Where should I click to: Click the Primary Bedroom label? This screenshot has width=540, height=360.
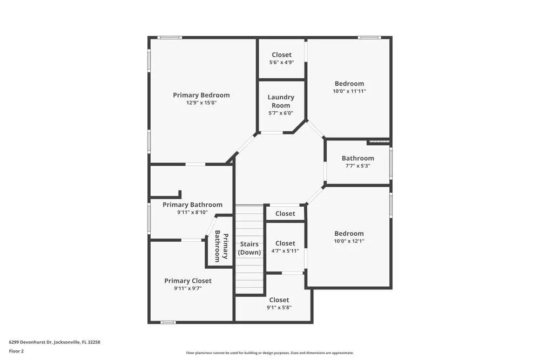click(x=201, y=95)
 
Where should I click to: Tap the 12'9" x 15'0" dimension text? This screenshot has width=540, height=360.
click(x=201, y=103)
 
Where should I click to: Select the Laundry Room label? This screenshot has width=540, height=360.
click(x=281, y=101)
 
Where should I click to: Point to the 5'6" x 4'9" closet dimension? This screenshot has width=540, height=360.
click(x=281, y=62)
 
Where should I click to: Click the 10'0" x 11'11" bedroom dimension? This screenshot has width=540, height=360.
click(x=349, y=91)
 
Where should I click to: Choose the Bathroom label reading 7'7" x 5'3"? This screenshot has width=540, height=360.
click(x=357, y=158)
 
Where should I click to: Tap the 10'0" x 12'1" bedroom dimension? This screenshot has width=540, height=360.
click(x=349, y=241)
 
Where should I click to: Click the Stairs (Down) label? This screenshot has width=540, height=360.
click(x=249, y=248)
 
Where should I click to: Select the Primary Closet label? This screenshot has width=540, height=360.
click(x=188, y=281)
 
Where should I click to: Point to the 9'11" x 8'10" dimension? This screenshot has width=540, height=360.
click(x=192, y=213)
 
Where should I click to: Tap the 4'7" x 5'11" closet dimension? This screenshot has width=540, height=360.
click(x=285, y=251)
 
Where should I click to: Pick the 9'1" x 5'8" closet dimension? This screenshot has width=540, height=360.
click(x=279, y=308)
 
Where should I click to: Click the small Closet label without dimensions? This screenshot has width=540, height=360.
click(x=285, y=214)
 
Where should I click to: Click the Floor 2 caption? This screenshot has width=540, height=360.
click(x=16, y=351)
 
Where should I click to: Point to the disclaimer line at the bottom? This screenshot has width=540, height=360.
click(x=270, y=352)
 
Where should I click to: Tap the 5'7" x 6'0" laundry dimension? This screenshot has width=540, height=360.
click(x=281, y=113)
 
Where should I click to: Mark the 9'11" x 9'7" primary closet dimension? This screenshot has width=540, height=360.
click(x=188, y=288)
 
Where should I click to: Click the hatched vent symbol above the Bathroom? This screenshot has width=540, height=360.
click(x=378, y=142)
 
